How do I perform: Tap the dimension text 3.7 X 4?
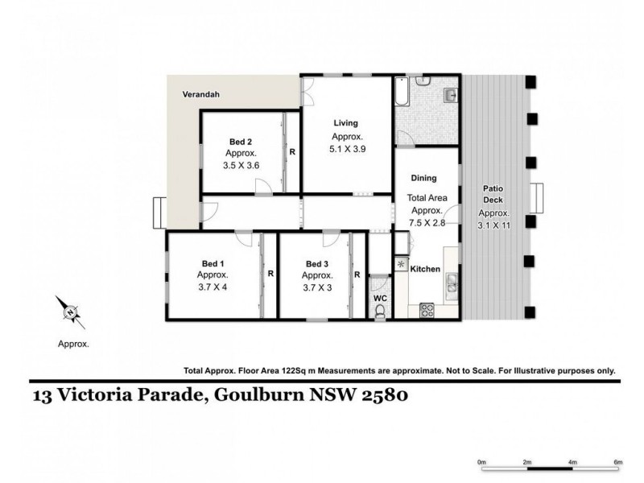click(x=213, y=287)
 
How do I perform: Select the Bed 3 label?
click(x=318, y=263)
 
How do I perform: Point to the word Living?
click(x=345, y=123)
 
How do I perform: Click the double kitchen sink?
click(x=452, y=283)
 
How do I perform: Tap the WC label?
click(x=380, y=297)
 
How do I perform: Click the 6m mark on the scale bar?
click(x=618, y=462)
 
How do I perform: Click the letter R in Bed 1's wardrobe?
click(x=270, y=274)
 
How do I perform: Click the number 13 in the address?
click(x=41, y=395)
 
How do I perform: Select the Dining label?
click(x=423, y=179)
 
